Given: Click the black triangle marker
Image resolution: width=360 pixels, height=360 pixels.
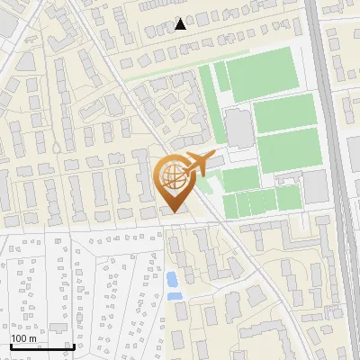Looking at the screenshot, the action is point(180,24).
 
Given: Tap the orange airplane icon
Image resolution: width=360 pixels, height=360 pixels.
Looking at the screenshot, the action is point(197,165).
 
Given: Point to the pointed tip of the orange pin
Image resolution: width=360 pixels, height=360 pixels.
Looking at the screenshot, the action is point(173,211).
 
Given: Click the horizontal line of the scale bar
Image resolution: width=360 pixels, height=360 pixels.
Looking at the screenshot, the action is point(41,346).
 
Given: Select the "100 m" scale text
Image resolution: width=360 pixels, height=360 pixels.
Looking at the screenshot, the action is point(24,338).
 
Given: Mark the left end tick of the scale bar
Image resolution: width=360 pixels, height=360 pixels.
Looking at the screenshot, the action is point(11,344).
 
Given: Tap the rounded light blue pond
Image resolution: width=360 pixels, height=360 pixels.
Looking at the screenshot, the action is point(171,278).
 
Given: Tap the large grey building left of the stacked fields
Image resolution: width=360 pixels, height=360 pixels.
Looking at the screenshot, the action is point(238,129).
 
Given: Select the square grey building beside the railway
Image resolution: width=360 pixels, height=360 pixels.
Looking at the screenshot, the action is point(316,186).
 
